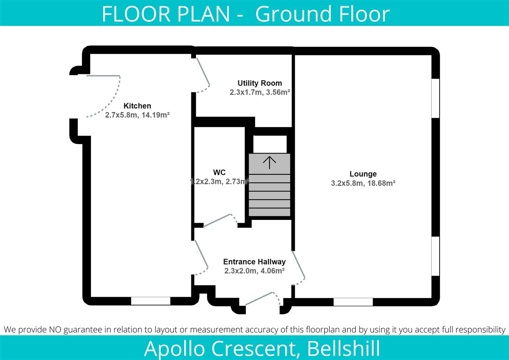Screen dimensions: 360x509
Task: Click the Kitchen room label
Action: pos(137,106)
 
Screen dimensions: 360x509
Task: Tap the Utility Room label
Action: pos(259,83)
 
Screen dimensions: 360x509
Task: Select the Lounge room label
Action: pos(363,174)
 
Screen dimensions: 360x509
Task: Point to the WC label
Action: pos(219,172)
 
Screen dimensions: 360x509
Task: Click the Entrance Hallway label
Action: pos(254,262)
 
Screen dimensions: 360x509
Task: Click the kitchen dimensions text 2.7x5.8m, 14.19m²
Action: pos(137,115)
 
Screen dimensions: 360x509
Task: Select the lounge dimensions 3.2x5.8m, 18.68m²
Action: pos(363,183)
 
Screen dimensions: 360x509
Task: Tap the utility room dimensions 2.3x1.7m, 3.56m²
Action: pos(259,92)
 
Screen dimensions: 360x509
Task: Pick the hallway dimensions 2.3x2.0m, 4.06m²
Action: pos(254,271)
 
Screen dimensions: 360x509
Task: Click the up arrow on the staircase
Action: pos(269,162)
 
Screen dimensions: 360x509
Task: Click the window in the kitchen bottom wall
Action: pos(151,301)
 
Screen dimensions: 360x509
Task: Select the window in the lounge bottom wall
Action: pos(353,302)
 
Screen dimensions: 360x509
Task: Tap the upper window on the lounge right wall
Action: pos(435,98)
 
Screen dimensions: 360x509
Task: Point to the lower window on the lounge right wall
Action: pos(435,256)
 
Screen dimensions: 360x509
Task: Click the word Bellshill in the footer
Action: pos(344,348)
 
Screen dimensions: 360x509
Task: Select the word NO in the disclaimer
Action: pos(55,330)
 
